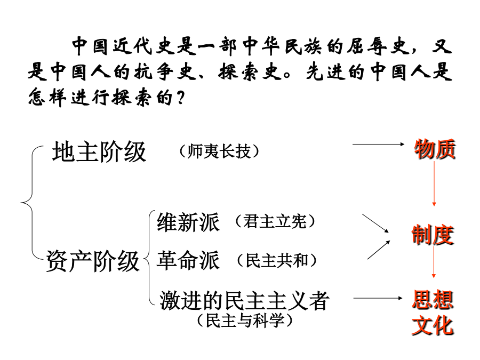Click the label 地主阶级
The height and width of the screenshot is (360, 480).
click(99, 153)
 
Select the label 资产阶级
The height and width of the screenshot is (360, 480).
click(93, 262)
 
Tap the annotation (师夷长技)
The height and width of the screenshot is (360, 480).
click(220, 152)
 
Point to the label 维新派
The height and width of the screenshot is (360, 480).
click(188, 222)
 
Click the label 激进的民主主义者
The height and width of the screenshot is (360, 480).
click(244, 301)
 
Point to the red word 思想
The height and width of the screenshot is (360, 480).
click(433, 299)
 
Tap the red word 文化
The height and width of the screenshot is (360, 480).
click(433, 325)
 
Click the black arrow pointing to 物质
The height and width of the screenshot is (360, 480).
click(379, 144)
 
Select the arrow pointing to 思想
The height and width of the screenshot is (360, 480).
click(379, 299)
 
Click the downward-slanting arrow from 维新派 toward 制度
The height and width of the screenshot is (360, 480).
click(376, 223)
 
